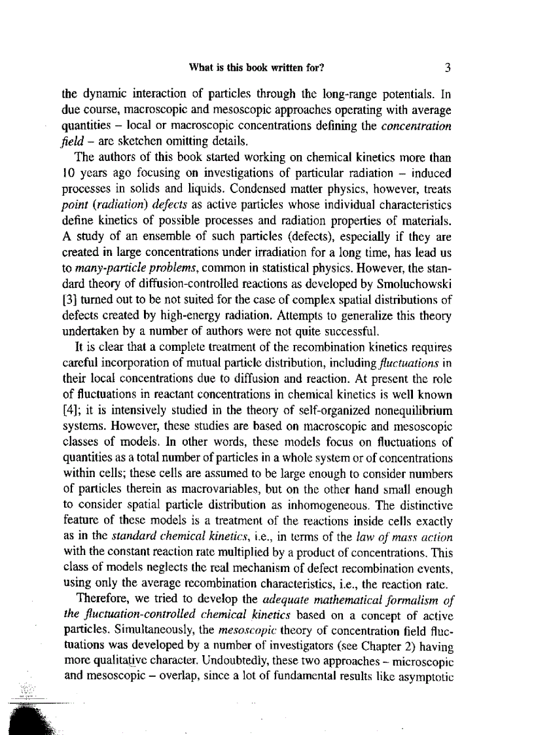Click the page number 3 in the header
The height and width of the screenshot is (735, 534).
pyautogui.click(x=448, y=67)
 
